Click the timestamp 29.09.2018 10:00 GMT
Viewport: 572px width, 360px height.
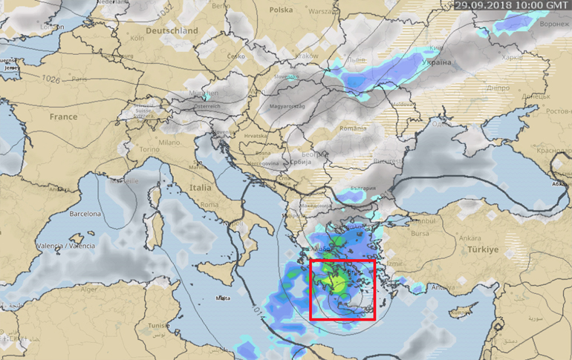tap(512, 4)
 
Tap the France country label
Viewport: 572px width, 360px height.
tap(63, 117)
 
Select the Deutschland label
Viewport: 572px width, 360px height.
tap(173, 31)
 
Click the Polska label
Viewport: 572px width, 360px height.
tap(281, 10)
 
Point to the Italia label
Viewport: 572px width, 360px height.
tap(200, 188)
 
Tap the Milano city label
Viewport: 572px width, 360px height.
tap(169, 142)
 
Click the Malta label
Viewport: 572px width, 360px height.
tap(222, 298)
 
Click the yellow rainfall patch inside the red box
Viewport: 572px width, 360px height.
tap(339, 283)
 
